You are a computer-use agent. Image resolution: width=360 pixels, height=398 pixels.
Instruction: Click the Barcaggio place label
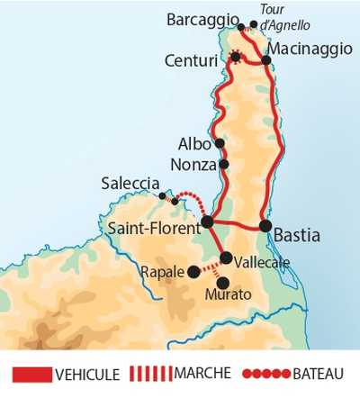[202, 19]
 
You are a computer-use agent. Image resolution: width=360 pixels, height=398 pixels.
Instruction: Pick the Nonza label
[193, 165]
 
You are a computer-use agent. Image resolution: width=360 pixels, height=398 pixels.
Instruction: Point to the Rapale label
[162, 270]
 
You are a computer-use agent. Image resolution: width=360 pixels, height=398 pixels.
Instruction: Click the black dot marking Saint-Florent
[206, 221]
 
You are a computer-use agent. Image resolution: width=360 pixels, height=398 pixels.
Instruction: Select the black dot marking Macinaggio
[266, 60]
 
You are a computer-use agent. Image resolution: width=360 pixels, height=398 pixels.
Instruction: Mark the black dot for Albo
[219, 143]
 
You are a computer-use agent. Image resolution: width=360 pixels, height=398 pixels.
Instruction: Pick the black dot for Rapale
[193, 270]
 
